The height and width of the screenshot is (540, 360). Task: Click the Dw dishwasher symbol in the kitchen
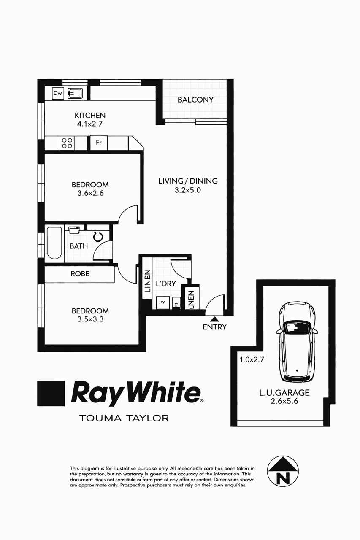[x=58, y=93]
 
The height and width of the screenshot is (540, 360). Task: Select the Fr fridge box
[x=99, y=143]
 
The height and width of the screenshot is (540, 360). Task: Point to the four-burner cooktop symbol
[x=67, y=143]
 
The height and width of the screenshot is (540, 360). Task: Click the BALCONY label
[x=195, y=100]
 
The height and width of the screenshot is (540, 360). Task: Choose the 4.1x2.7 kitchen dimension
[x=90, y=124]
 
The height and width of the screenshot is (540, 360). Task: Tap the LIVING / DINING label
[x=188, y=181]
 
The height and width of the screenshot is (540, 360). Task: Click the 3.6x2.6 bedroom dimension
[x=90, y=194]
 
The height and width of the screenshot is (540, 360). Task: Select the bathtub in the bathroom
[x=54, y=243]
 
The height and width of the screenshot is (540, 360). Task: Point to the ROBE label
[x=80, y=274]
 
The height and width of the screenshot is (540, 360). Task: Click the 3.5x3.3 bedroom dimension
[x=90, y=319]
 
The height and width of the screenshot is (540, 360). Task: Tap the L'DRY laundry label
[x=165, y=284]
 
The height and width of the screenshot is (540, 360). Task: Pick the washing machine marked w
[x=162, y=302]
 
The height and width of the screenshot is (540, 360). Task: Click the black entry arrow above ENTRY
[x=214, y=319]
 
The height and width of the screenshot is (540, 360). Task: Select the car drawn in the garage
[x=297, y=341]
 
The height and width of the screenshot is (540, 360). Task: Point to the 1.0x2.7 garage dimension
[x=252, y=360]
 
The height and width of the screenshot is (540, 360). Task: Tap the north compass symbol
[x=283, y=471]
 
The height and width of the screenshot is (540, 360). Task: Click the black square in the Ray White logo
[x=51, y=394]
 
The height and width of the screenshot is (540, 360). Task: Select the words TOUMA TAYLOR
[x=124, y=418]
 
